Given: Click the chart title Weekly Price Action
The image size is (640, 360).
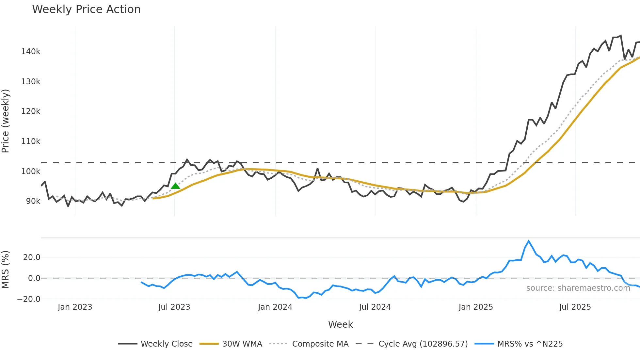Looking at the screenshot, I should click(x=86, y=9).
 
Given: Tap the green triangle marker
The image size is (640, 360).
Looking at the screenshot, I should click(x=175, y=186).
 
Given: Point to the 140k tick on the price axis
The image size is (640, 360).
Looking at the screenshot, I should click(x=31, y=52).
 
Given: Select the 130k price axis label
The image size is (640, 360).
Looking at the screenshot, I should click(x=31, y=82).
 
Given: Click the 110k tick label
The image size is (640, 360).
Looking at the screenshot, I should click(x=31, y=141).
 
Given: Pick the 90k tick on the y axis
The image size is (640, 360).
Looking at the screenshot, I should click(x=33, y=201).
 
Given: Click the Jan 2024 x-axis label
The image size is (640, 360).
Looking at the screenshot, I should click(x=275, y=307).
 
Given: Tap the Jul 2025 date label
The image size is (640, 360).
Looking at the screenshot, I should click(x=575, y=307).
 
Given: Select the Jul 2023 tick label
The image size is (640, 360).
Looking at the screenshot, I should click(x=174, y=307).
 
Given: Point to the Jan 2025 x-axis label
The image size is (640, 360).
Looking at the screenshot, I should click(x=476, y=307).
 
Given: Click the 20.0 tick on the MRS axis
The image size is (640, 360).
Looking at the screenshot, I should click(x=32, y=257).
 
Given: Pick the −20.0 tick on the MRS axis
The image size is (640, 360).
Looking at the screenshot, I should click(x=29, y=299).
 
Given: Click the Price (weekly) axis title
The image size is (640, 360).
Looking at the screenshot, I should click(x=6, y=121).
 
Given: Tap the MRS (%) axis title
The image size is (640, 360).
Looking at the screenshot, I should click(x=6, y=270).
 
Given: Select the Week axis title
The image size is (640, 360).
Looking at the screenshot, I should click(x=340, y=324).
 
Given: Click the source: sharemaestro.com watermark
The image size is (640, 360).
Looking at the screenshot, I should click(x=578, y=288).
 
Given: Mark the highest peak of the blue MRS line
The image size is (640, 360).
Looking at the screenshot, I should click(x=529, y=241).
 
